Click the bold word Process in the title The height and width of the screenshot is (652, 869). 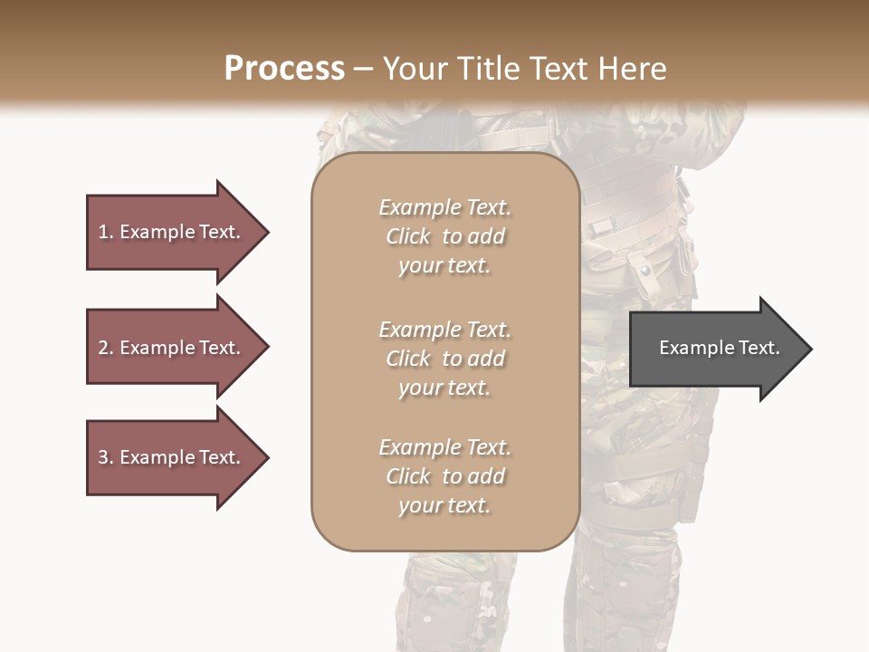tap(284, 69)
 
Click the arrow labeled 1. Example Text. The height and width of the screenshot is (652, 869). tap(172, 232)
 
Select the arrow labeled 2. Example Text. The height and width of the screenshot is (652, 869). tap(172, 348)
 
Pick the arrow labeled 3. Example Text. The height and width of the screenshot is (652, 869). tap(172, 457)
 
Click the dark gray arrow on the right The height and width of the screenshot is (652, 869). tap(715, 349)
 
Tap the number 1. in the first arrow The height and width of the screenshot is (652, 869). tap(106, 232)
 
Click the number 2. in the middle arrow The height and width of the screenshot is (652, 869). tap(106, 348)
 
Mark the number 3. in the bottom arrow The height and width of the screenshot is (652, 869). tap(106, 457)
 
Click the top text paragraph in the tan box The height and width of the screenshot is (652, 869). tap(444, 236)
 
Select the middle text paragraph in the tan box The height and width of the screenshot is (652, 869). tap(444, 359)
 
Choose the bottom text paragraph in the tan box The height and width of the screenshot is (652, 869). tap(444, 476)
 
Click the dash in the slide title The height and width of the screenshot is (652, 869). tap(364, 69)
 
